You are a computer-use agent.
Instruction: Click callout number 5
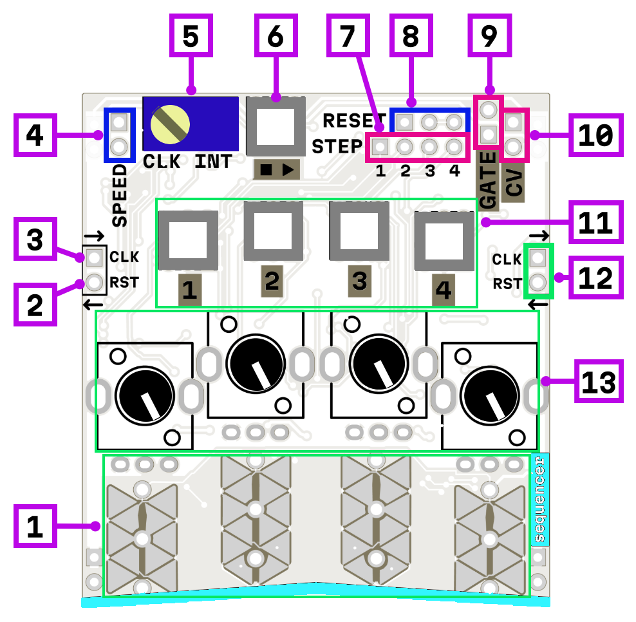191,36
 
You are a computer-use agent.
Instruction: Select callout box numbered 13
599,381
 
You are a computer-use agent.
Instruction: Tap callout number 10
596,135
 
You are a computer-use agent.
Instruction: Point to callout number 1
35,525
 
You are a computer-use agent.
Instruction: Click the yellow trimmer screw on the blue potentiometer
170,122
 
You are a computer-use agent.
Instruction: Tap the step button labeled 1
188,240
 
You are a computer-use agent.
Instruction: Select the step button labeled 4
444,240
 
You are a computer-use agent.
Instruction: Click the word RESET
350,120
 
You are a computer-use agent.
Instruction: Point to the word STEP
337,147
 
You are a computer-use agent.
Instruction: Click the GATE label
489,180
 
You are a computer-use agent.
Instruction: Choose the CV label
514,183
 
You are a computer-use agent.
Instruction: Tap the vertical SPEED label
120,195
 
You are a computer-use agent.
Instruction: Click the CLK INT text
187,162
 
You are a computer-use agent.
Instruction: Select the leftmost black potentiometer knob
145,394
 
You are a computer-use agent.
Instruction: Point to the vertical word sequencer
539,501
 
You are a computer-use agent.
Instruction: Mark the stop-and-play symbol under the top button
277,170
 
